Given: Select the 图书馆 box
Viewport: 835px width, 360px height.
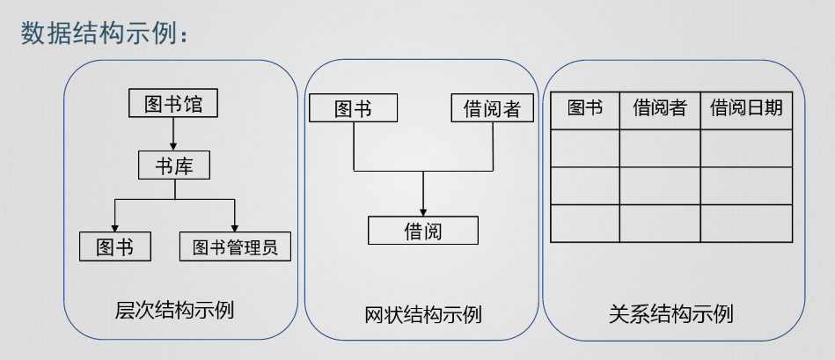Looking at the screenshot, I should pyautogui.click(x=172, y=104).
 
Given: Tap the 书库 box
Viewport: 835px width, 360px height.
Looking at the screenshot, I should pyautogui.click(x=173, y=165).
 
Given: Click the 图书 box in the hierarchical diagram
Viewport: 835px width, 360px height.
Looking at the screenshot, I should pyautogui.click(x=114, y=247).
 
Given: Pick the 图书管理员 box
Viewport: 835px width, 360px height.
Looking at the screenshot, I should pyautogui.click(x=234, y=247).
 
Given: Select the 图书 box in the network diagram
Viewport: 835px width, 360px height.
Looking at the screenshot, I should pyautogui.click(x=353, y=108).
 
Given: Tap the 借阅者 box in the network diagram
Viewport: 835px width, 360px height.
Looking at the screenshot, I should pyautogui.click(x=492, y=108).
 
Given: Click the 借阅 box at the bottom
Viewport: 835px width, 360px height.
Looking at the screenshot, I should pyautogui.click(x=422, y=231).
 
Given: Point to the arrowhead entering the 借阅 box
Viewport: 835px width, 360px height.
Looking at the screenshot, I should pyautogui.click(x=423, y=212).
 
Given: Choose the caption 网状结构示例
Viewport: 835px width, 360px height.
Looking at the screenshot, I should pyautogui.click(x=422, y=314).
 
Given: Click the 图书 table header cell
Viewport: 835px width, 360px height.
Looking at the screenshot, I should pyautogui.click(x=585, y=109).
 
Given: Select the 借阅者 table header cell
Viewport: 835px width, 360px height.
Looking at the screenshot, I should pyautogui.click(x=660, y=109).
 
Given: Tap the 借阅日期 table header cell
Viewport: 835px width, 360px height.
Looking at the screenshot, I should pyautogui.click(x=746, y=109).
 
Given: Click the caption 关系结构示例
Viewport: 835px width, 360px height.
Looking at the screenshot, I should pyautogui.click(x=670, y=313).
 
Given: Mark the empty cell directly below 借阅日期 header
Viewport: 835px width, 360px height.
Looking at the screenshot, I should pyautogui.click(x=746, y=148).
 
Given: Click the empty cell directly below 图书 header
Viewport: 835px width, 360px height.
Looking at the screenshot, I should pyautogui.click(x=585, y=148).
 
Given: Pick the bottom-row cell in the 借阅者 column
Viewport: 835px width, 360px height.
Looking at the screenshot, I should pyautogui.click(x=660, y=223).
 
